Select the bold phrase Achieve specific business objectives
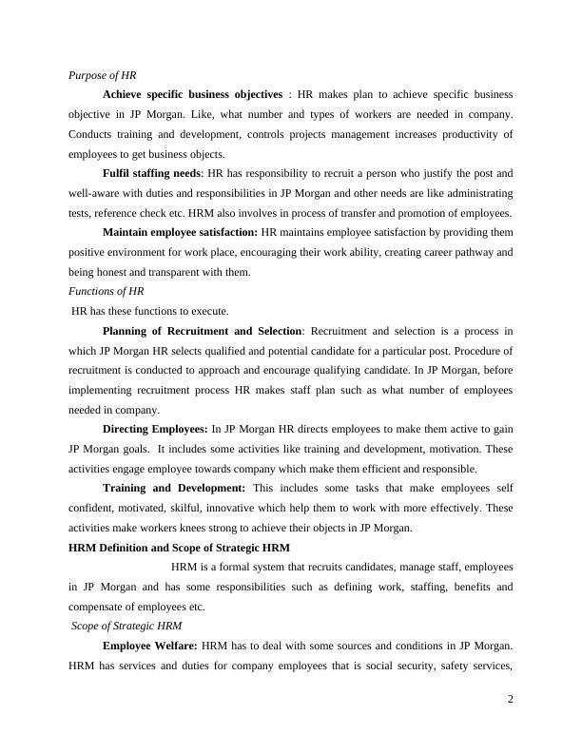tap(192, 95)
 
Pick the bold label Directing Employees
tap(155, 430)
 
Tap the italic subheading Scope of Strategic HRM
tap(127, 626)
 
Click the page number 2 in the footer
tap(510, 700)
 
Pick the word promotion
tap(419, 213)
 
